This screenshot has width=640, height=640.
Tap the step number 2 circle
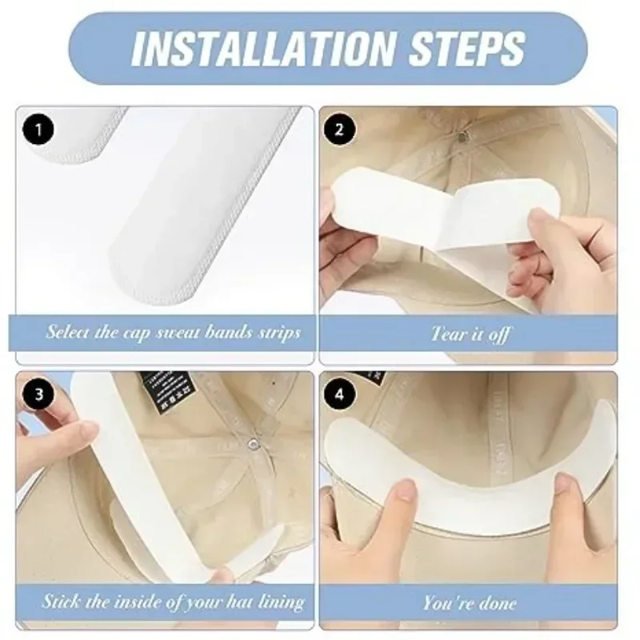pyautogui.click(x=338, y=128)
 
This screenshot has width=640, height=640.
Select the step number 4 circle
pyautogui.click(x=338, y=394)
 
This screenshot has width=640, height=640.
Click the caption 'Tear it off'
pyautogui.click(x=470, y=333)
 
